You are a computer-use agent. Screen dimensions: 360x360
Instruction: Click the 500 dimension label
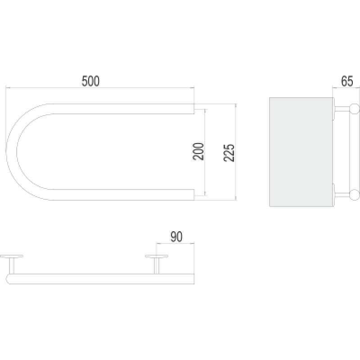coord(90,81)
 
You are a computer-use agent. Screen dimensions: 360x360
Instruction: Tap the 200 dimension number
coord(198,152)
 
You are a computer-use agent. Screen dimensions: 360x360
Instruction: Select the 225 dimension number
coord(229,153)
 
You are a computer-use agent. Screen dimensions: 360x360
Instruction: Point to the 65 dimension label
coord(347,81)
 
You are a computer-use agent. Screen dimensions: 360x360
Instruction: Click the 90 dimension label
coord(176,237)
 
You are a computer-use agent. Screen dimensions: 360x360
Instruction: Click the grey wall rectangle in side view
coord(301,152)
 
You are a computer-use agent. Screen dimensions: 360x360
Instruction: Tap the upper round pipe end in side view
coord(355,109)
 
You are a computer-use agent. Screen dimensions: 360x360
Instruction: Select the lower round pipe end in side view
coord(355,195)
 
